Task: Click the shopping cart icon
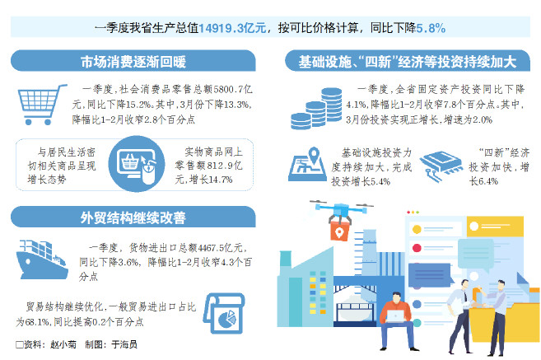click(x=42, y=105)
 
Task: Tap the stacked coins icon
click(x=316, y=109)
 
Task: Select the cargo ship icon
click(x=42, y=259)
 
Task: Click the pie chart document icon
click(x=224, y=313)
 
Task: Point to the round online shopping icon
click(x=137, y=164)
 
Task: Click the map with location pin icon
click(x=307, y=164)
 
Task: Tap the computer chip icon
click(x=441, y=166)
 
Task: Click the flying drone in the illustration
click(x=341, y=210)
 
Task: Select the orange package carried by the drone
click(x=340, y=230)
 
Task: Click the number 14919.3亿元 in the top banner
click(x=232, y=28)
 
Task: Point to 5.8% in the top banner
click(x=431, y=28)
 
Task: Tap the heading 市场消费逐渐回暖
click(x=133, y=62)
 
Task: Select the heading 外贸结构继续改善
click(x=133, y=217)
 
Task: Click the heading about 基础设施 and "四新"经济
click(x=408, y=62)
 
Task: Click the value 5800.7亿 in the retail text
click(x=232, y=90)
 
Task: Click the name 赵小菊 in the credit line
click(x=63, y=344)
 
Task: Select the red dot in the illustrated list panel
click(x=417, y=248)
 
